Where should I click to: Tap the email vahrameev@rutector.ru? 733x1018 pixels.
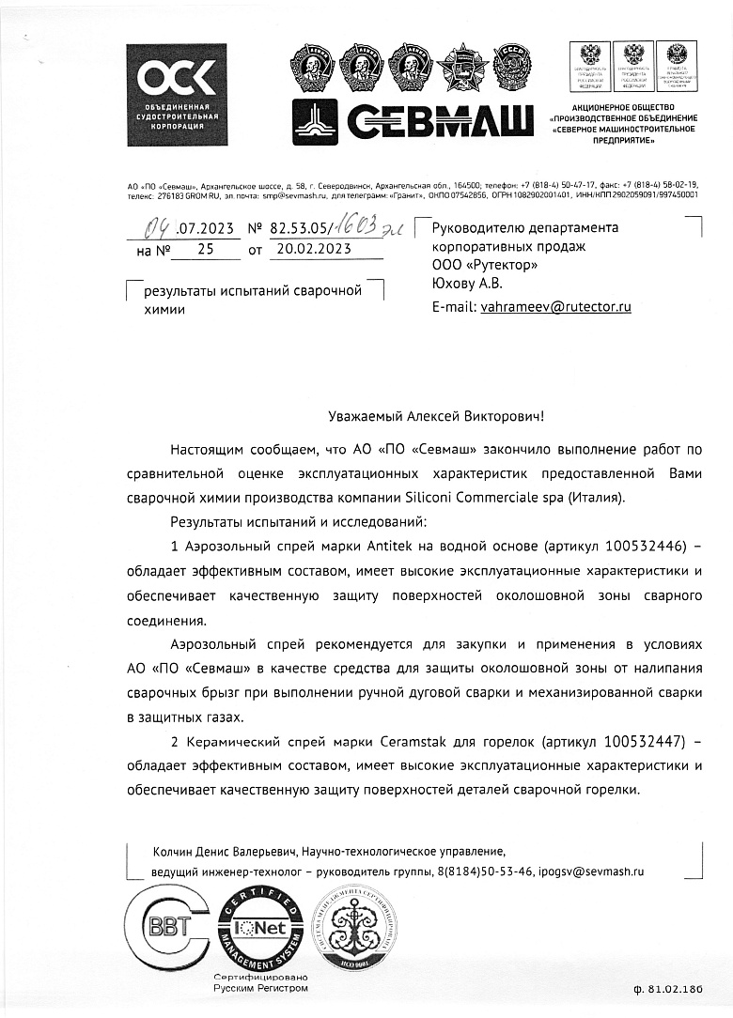coord(555,306)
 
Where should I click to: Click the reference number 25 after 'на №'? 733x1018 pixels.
coord(206,249)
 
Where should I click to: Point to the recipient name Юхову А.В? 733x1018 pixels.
coord(467,283)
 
